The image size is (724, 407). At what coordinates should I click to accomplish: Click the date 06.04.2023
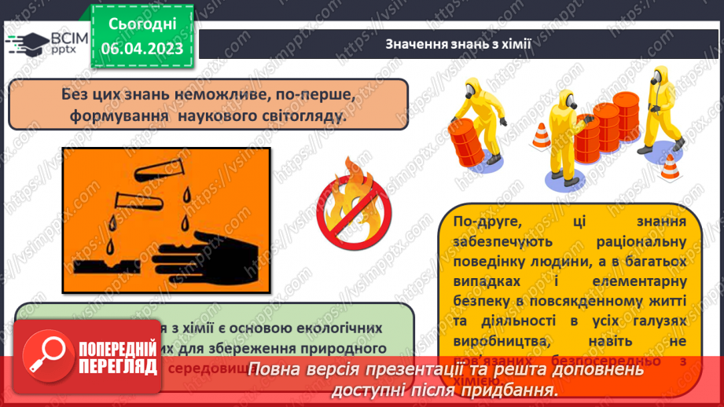141,49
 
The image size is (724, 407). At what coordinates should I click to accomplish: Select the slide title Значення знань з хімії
459,44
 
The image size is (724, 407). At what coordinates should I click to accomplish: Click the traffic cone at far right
668,167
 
